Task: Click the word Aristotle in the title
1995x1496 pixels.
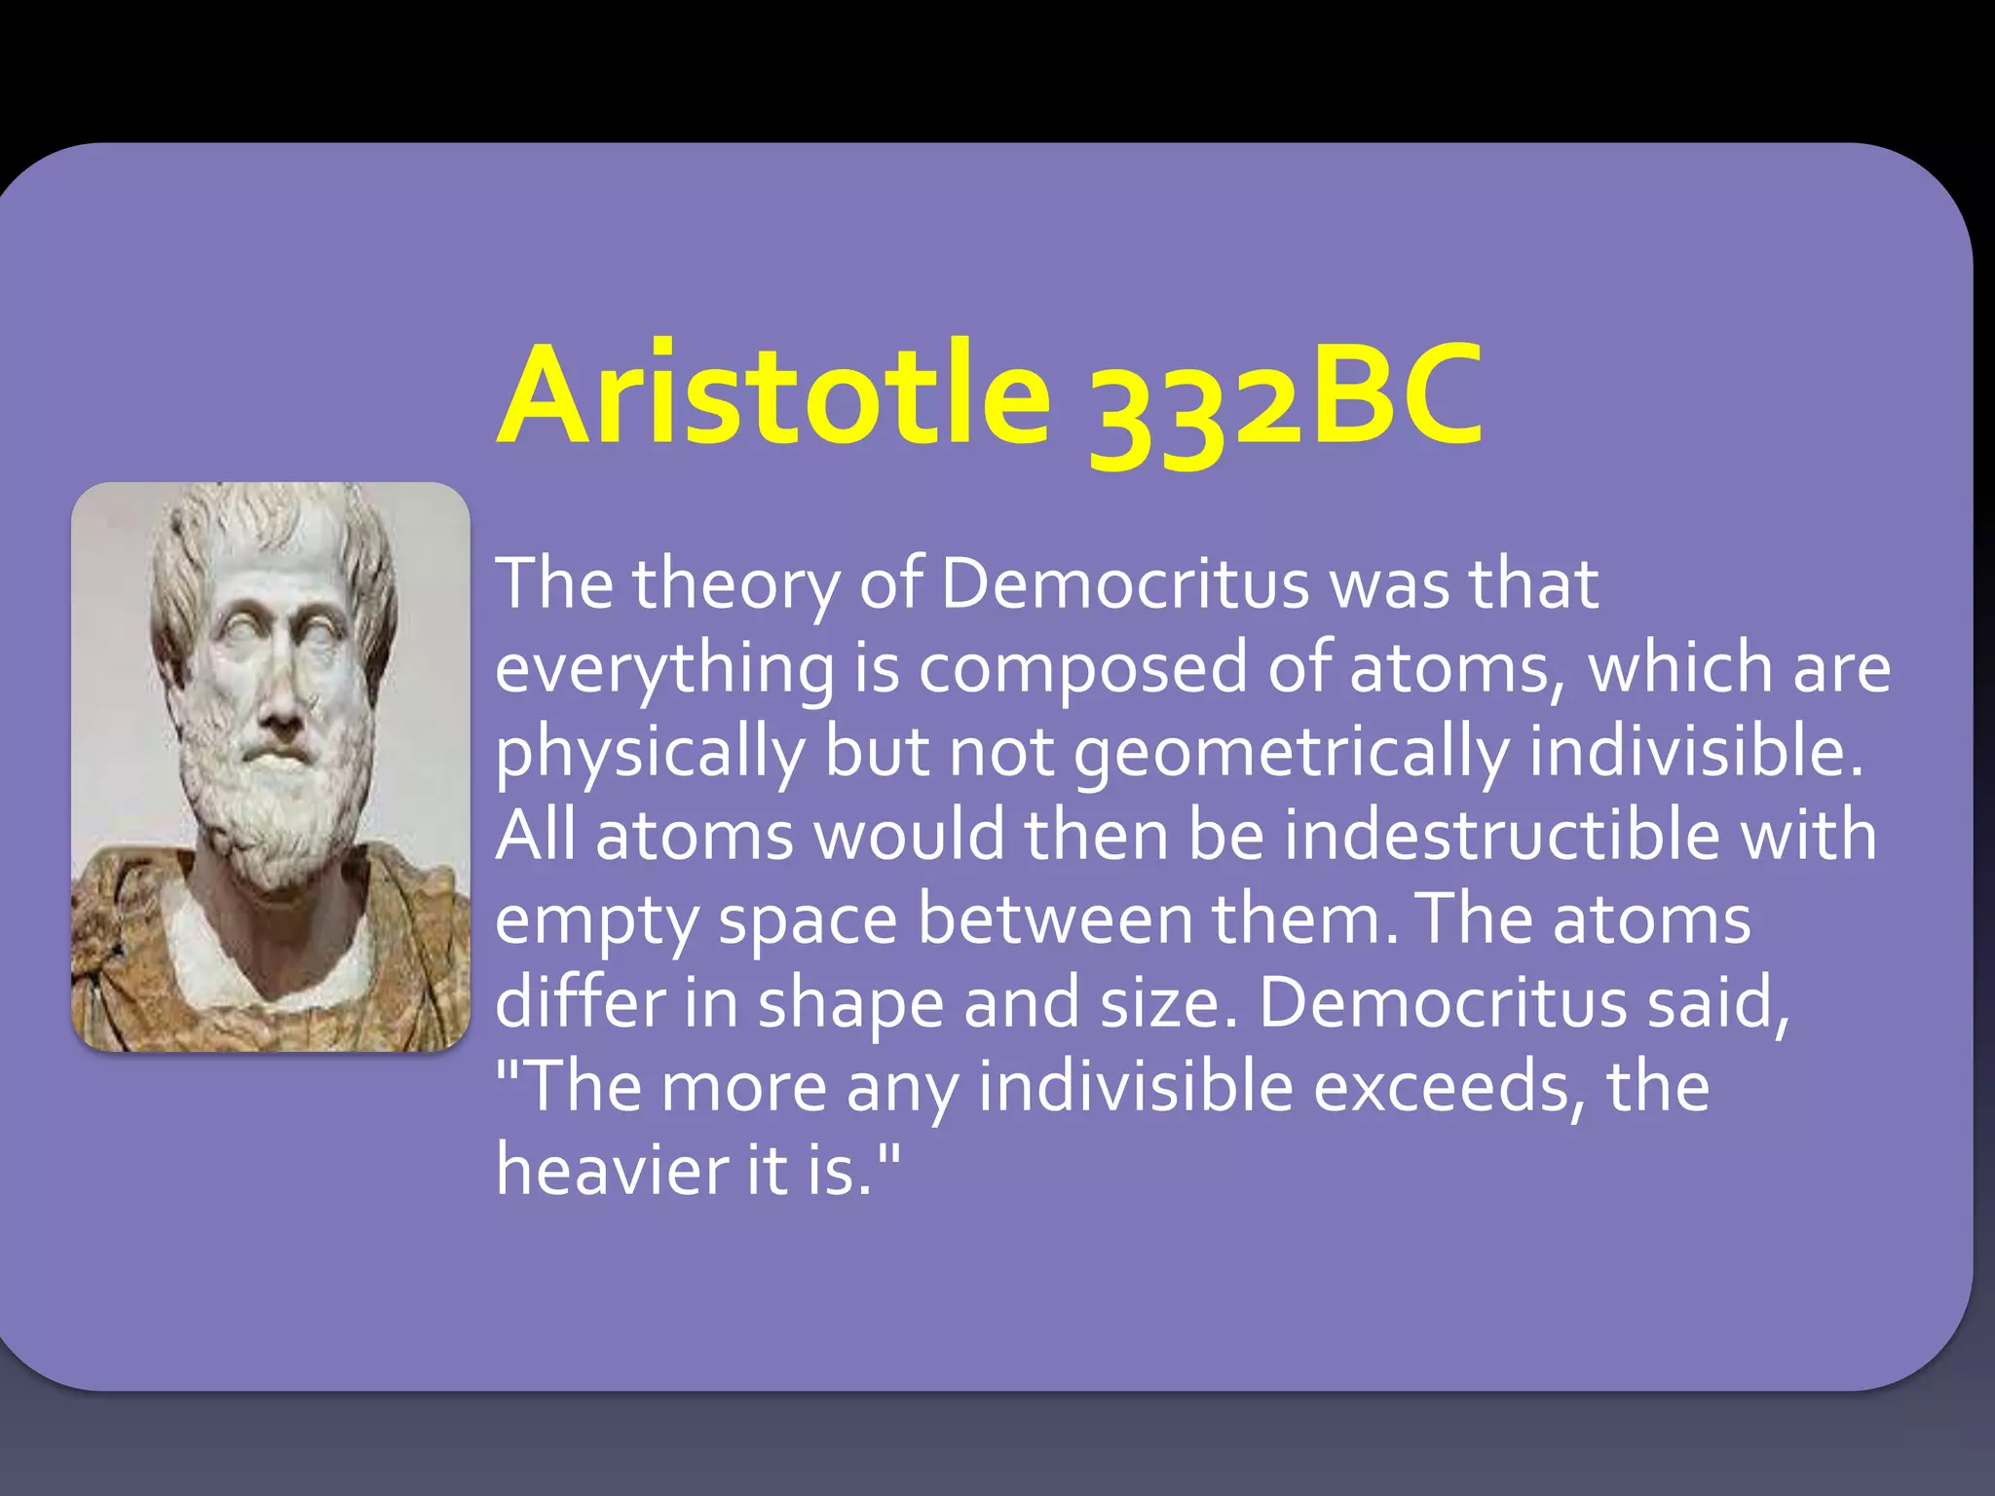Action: tap(774, 395)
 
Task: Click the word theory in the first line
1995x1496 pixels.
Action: tap(735, 585)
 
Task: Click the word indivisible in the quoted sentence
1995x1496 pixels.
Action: tap(1136, 1087)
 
